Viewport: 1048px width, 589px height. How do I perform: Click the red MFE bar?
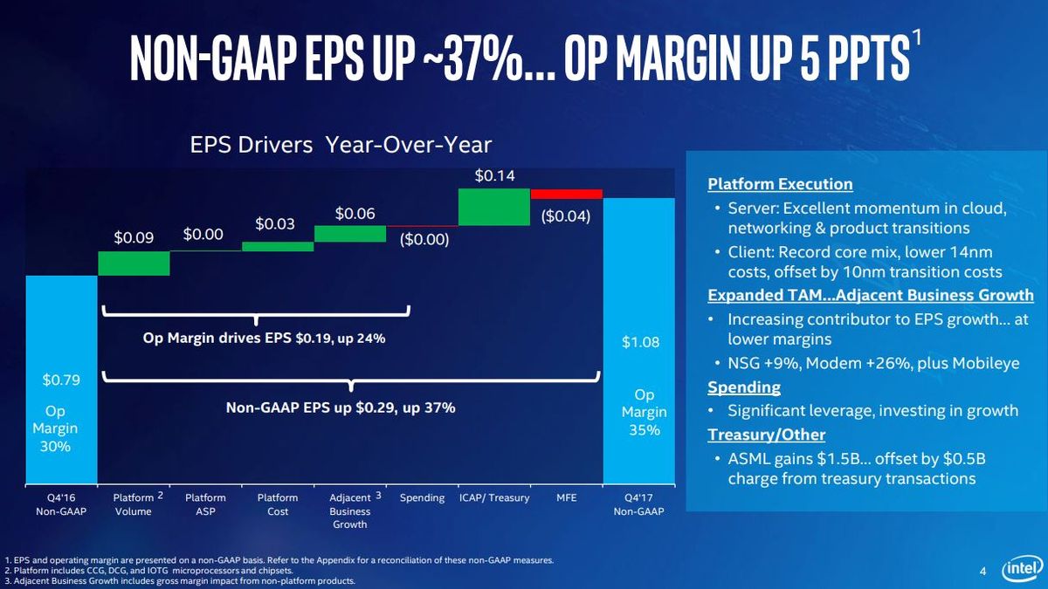(567, 194)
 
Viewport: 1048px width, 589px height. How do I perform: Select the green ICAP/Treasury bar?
(494, 207)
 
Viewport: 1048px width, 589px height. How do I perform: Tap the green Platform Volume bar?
(134, 264)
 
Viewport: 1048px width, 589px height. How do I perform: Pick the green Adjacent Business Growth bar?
(350, 234)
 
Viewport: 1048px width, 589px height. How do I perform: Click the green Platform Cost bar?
(278, 247)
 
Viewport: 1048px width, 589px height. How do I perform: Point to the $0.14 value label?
(494, 175)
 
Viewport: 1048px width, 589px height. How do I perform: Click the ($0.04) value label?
(566, 216)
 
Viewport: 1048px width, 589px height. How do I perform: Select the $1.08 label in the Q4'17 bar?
(640, 342)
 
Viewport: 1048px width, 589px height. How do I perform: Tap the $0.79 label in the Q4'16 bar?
(61, 380)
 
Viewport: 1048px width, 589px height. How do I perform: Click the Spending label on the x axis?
(422, 498)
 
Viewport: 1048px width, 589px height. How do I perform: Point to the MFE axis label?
(567, 498)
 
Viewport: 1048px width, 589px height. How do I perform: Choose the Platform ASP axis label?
(205, 504)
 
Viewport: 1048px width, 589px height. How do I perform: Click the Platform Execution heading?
(780, 184)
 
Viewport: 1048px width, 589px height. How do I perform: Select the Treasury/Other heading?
(767, 435)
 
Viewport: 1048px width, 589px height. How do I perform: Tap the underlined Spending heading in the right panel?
(744, 387)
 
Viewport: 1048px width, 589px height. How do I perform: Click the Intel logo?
(1023, 569)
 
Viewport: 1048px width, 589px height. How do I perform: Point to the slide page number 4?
(982, 571)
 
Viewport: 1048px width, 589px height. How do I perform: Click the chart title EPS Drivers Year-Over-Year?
(341, 145)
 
